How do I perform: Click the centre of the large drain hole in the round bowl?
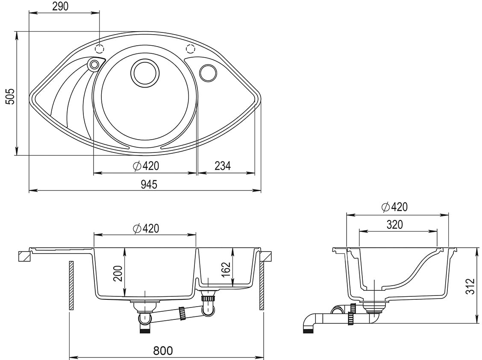pyautogui.click(x=145, y=73)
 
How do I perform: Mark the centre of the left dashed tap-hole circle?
pyautogui.click(x=99, y=49)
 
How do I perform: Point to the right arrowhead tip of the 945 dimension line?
pyautogui.click(x=261, y=191)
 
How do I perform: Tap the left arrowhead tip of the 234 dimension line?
pyautogui.click(x=197, y=173)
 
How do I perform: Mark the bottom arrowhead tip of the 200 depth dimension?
pyautogui.click(x=125, y=296)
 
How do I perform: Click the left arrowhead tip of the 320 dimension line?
pyautogui.click(x=359, y=231)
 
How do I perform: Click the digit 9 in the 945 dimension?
pyautogui.click(x=144, y=184)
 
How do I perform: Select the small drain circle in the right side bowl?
pyautogui.click(x=208, y=73)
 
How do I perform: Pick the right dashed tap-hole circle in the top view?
pyautogui.click(x=191, y=49)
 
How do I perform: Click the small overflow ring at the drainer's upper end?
pyautogui.click(x=94, y=64)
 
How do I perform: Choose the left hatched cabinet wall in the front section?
pyautogui.click(x=71, y=285)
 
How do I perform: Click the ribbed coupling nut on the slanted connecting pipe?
pyautogui.click(x=182, y=313)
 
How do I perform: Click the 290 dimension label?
pyautogui.click(x=60, y=6)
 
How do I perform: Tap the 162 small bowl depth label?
pyautogui.click(x=226, y=269)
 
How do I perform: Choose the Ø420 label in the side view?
pyautogui.click(x=394, y=207)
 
